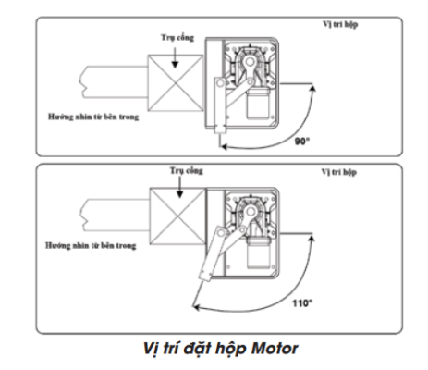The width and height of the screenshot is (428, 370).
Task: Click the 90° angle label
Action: (302, 141)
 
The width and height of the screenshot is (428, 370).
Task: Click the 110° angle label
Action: (302, 303)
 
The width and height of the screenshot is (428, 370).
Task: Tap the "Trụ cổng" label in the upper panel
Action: (177, 38)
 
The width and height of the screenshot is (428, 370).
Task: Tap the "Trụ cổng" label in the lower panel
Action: (187, 170)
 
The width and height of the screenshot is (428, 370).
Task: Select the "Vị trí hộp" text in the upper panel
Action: (340, 24)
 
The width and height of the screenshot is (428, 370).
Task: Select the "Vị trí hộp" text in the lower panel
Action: (339, 172)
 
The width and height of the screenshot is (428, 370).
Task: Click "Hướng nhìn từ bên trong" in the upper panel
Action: (93, 117)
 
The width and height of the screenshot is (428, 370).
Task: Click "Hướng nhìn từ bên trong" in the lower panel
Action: (91, 246)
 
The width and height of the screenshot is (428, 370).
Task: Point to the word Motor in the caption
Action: (275, 349)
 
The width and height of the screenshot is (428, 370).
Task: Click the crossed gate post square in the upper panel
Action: (176, 83)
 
